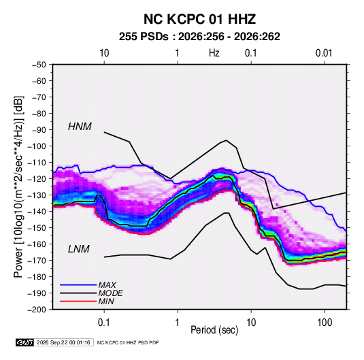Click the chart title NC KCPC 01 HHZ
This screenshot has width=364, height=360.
pyautogui.click(x=199, y=19)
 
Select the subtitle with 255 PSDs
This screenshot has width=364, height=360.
pyautogui.click(x=199, y=37)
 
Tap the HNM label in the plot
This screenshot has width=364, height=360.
pyautogui.click(x=80, y=127)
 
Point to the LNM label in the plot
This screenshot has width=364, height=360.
pyautogui.click(x=79, y=249)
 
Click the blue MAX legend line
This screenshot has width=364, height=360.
pyautogui.click(x=78, y=284)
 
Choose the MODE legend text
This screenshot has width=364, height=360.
pyautogui.click(x=110, y=293)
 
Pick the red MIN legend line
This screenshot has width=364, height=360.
pyautogui.click(x=78, y=301)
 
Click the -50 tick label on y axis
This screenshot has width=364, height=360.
pyautogui.click(x=39, y=65)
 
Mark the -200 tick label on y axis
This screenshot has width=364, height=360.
pyautogui.click(x=37, y=310)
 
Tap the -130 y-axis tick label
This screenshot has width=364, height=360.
pyautogui.click(x=37, y=195)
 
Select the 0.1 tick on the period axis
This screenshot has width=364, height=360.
pyautogui.click(x=104, y=323)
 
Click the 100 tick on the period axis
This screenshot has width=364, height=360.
pyautogui.click(x=325, y=323)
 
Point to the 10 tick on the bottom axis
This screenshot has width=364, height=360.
pyautogui.click(x=251, y=323)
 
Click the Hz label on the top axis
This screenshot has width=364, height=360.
pyautogui.click(x=214, y=53)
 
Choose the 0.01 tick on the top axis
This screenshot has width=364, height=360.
pyautogui.click(x=324, y=53)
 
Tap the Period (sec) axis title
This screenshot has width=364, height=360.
pyautogui.click(x=214, y=330)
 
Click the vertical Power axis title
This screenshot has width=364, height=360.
pyautogui.click(x=18, y=186)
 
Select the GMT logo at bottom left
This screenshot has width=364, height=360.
pyautogui.click(x=25, y=342)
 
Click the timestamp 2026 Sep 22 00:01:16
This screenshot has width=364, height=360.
pyautogui.click(x=63, y=342)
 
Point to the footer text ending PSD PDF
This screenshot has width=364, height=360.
pyautogui.click(x=128, y=342)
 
